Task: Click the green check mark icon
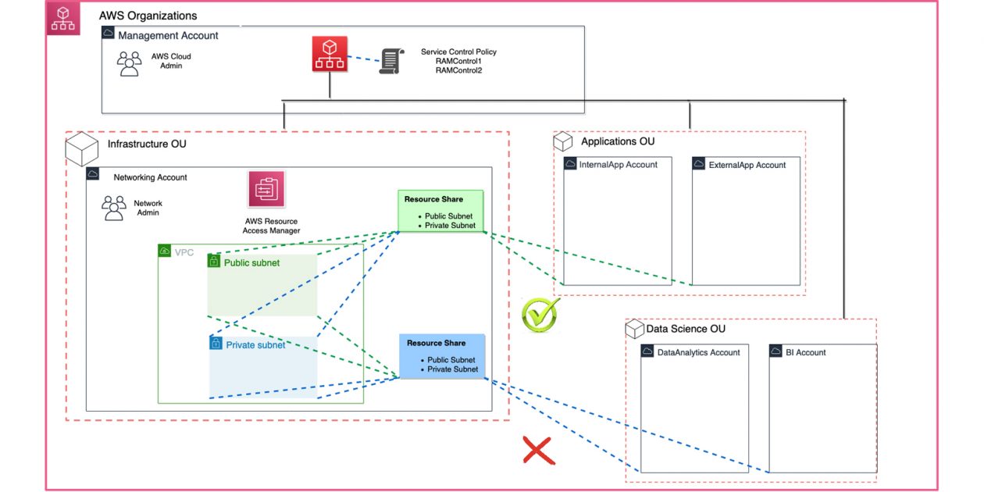tap(540, 312)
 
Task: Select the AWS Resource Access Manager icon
tap(267, 190)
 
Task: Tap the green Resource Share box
tap(440, 212)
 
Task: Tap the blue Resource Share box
tap(442, 355)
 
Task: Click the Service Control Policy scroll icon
tap(390, 60)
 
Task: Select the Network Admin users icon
tap(114, 209)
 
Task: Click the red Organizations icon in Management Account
tap(330, 55)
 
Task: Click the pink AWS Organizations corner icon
tap(62, 20)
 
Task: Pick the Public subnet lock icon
tap(213, 262)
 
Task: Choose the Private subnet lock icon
tap(216, 344)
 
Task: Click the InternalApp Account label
tap(618, 165)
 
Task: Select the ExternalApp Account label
tap(747, 165)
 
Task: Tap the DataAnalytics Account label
tap(698, 352)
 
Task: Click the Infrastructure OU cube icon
tap(81, 148)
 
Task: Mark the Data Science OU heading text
tap(686, 329)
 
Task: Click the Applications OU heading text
tap(618, 141)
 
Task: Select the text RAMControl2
tap(458, 70)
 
